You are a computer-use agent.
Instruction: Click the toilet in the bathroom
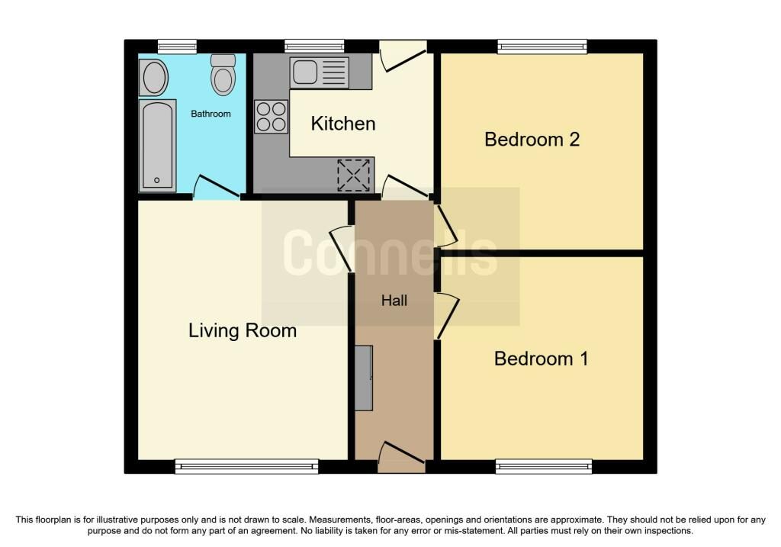[223, 75]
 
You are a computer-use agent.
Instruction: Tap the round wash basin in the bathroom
[154, 77]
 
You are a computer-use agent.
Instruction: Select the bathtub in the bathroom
[157, 146]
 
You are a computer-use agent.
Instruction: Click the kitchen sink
[320, 72]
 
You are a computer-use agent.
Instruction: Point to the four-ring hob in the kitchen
[272, 117]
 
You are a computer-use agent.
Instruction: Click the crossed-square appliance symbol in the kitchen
[354, 175]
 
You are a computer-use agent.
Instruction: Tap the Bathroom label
[211, 114]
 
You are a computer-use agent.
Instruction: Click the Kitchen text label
[343, 124]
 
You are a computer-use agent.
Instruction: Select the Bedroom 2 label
[532, 140]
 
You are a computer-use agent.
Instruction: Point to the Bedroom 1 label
[541, 359]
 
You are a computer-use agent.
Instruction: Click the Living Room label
[243, 331]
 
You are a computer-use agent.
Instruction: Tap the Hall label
[394, 301]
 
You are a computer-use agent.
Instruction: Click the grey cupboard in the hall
[364, 378]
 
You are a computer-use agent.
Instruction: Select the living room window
[246, 466]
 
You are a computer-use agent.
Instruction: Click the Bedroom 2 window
[542, 47]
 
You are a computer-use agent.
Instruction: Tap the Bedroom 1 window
[544, 466]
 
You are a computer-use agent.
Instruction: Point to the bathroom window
[177, 47]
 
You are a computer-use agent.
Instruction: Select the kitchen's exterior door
[403, 56]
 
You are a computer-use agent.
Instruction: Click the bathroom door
[216, 188]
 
